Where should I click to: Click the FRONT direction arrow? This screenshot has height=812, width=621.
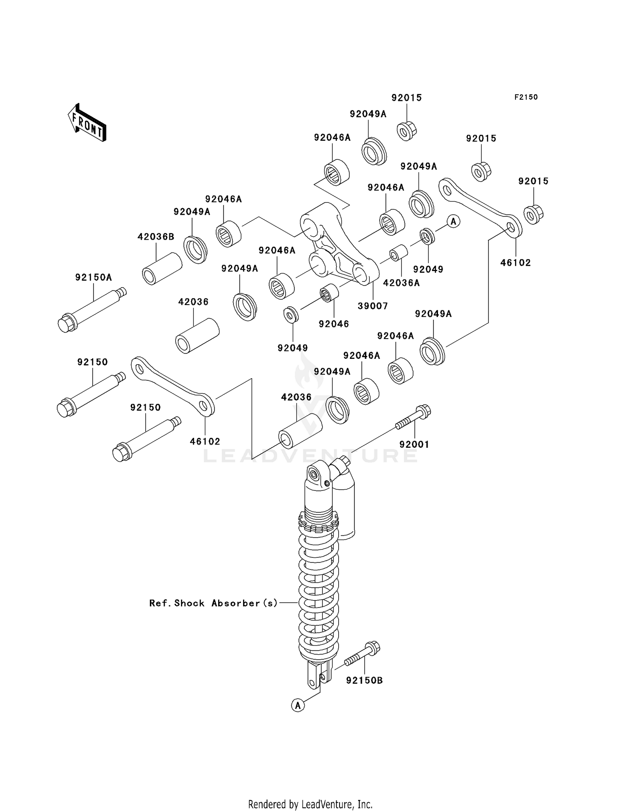(87, 123)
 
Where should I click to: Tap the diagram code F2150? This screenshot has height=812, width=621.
(526, 97)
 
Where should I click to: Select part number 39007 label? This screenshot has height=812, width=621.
(373, 306)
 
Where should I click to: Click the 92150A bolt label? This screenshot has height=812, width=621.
(94, 277)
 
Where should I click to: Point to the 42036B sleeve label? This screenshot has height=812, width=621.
(156, 237)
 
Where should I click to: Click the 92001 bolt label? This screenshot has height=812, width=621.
(414, 444)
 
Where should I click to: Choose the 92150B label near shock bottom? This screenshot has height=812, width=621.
(364, 680)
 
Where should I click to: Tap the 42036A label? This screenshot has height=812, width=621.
(401, 283)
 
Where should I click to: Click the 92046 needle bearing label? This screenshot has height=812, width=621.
(334, 324)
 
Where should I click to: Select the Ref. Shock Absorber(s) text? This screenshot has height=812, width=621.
(214, 603)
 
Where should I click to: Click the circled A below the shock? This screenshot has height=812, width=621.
(298, 705)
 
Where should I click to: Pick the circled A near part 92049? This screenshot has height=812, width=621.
(454, 221)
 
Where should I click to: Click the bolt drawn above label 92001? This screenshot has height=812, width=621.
(414, 418)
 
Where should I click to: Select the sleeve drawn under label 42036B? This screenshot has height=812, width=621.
(162, 269)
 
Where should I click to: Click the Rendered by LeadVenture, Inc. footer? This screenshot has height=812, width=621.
(310, 804)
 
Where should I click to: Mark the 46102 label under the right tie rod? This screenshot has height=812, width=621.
(515, 262)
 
